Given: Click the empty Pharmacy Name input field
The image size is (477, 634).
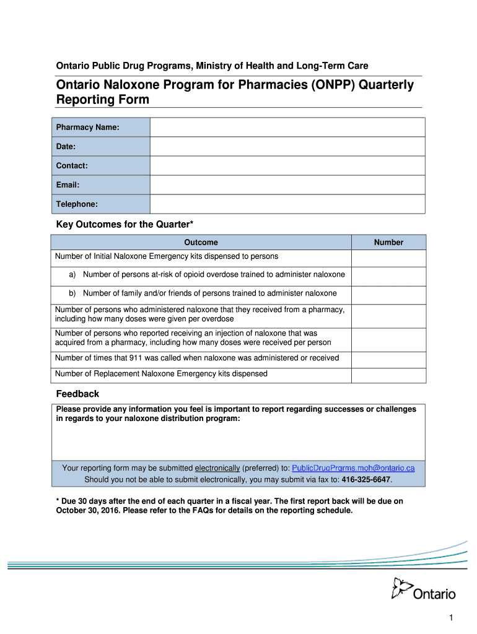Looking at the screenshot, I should [x=287, y=128].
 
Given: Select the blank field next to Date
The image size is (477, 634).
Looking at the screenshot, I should [x=287, y=147].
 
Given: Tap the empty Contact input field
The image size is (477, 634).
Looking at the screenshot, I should [x=287, y=166].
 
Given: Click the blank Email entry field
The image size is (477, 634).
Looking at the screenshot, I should [x=287, y=185].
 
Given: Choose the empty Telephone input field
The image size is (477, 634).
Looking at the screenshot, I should [x=287, y=204].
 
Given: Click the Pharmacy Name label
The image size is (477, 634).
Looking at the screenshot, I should [x=88, y=128].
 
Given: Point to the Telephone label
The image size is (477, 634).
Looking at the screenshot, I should [x=77, y=204].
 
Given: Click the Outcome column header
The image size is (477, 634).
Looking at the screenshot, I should [x=201, y=243].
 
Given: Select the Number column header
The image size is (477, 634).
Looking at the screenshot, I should [x=388, y=243].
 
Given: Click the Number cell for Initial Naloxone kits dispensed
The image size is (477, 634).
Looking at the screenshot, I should [x=388, y=258].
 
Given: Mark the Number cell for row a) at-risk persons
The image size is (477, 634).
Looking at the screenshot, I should [x=388, y=276].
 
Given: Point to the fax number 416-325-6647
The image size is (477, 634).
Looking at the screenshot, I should [x=365, y=480].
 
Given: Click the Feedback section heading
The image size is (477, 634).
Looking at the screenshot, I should [x=77, y=394].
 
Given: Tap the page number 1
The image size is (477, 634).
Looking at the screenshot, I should [x=452, y=619].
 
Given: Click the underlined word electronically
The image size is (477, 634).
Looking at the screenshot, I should [x=217, y=468].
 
